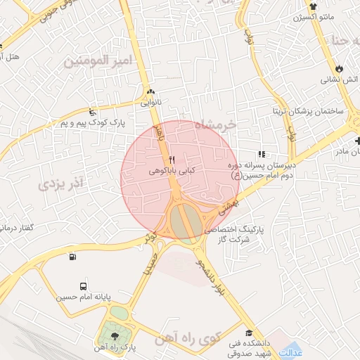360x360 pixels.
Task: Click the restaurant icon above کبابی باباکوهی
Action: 172,159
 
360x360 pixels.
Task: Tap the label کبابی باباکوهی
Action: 172,170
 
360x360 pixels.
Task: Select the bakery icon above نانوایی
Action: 151,92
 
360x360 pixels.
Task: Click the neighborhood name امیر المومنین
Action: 98,62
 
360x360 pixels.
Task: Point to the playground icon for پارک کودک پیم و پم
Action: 93,112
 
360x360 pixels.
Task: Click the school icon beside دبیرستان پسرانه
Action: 262,154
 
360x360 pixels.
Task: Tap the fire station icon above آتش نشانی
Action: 340,69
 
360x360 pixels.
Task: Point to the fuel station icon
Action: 74,257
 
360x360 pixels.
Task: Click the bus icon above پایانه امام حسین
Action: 84,286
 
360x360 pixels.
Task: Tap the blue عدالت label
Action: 290,351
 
